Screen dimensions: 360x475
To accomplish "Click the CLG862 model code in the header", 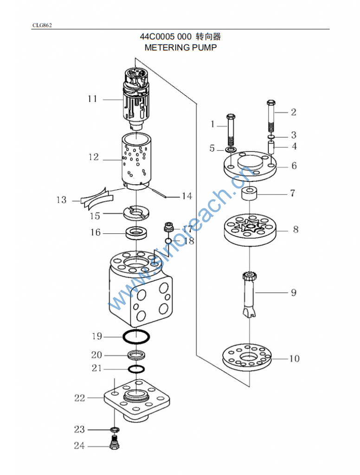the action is [42, 26].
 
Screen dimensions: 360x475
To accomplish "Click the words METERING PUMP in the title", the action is [180, 48].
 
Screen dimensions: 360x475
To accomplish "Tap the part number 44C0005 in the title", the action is [157, 37].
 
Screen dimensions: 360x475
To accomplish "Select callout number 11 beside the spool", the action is [92, 99].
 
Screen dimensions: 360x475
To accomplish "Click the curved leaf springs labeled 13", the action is [96, 199].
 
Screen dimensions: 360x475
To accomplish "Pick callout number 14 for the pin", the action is [187, 196].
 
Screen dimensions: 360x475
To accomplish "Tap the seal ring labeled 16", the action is [137, 233].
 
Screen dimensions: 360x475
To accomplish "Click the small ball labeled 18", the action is [169, 241].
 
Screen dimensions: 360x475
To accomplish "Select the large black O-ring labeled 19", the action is [136, 337].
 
